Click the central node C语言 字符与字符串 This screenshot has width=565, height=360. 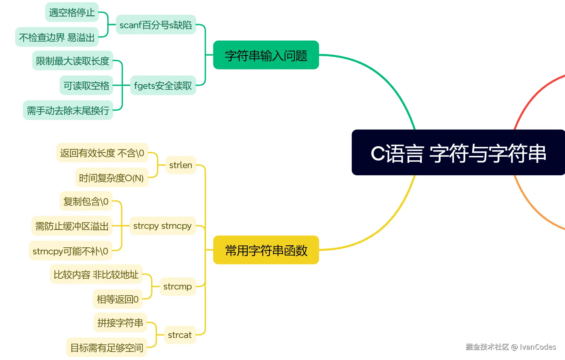point(458,153)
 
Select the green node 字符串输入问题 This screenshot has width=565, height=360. point(266,55)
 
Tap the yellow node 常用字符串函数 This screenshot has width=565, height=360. point(266,250)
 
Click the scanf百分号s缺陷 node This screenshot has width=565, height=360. point(156,25)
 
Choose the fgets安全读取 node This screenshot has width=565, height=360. point(163,85)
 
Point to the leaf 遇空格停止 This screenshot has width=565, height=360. point(72,12)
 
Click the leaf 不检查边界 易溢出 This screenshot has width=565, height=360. point(57,37)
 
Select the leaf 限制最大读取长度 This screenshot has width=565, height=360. point(72,61)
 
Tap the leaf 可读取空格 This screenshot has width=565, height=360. point(86,85)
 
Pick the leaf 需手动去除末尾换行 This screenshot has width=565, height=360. point(68,110)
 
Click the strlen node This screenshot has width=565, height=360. point(180,165)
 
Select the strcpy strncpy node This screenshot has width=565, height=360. point(162,226)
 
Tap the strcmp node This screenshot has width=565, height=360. point(177,287)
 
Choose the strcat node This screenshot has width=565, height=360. point(180,335)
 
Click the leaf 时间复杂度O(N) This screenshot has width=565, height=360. point(112,178)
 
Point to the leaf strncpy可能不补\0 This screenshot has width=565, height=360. point(71,251)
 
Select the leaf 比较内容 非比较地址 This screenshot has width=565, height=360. point(96,274)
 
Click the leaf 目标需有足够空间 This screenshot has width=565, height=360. point(107,347)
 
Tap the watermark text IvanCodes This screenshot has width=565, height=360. point(537,347)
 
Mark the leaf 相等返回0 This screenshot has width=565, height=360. point(118,299)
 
